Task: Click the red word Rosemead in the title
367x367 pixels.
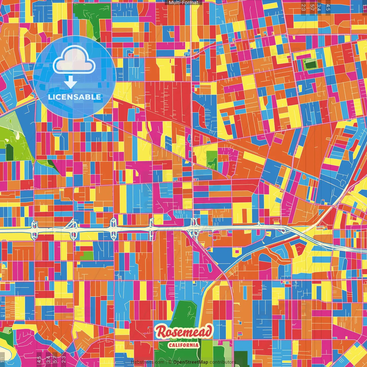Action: tap(184, 332)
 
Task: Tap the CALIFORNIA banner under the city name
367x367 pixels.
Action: tap(184, 345)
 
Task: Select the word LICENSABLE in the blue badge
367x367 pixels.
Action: tap(74, 97)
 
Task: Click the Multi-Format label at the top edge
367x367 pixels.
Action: tap(183, 3)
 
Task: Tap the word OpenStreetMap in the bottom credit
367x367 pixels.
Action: tap(191, 362)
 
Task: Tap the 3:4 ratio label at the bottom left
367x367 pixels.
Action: tap(48, 359)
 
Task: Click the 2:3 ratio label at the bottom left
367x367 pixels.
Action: tap(64, 359)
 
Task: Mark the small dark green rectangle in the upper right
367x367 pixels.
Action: tap(310, 64)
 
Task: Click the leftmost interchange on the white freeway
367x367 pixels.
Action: tap(34, 230)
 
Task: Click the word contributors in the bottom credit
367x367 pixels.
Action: tap(222, 362)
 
